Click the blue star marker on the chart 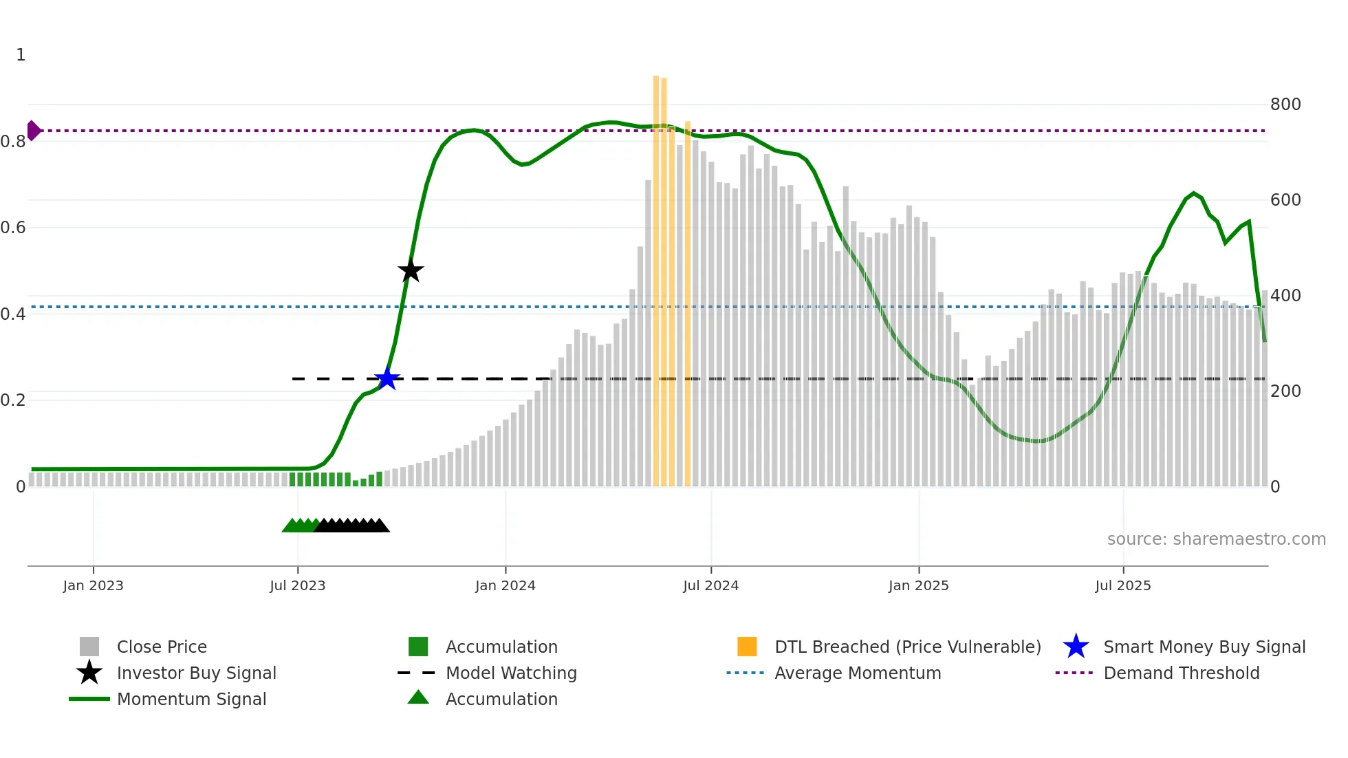click(x=387, y=378)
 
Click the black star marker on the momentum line click(x=411, y=271)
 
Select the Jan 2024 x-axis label click(x=505, y=585)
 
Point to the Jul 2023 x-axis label click(x=297, y=585)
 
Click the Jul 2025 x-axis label click(x=1122, y=585)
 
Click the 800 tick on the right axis click(x=1285, y=105)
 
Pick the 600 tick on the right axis click(x=1285, y=200)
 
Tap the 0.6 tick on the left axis click(x=13, y=228)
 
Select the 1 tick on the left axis click(x=21, y=55)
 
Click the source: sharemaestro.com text click(x=1216, y=539)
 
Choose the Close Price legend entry click(x=162, y=647)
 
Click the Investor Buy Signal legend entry click(x=196, y=673)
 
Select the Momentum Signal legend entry click(x=191, y=699)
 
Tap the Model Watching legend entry click(x=511, y=673)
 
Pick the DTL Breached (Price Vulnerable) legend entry click(x=907, y=647)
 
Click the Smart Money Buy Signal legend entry click(x=1204, y=647)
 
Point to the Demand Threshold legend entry click(x=1181, y=673)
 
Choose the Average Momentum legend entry click(x=857, y=673)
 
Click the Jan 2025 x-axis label click(x=918, y=585)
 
